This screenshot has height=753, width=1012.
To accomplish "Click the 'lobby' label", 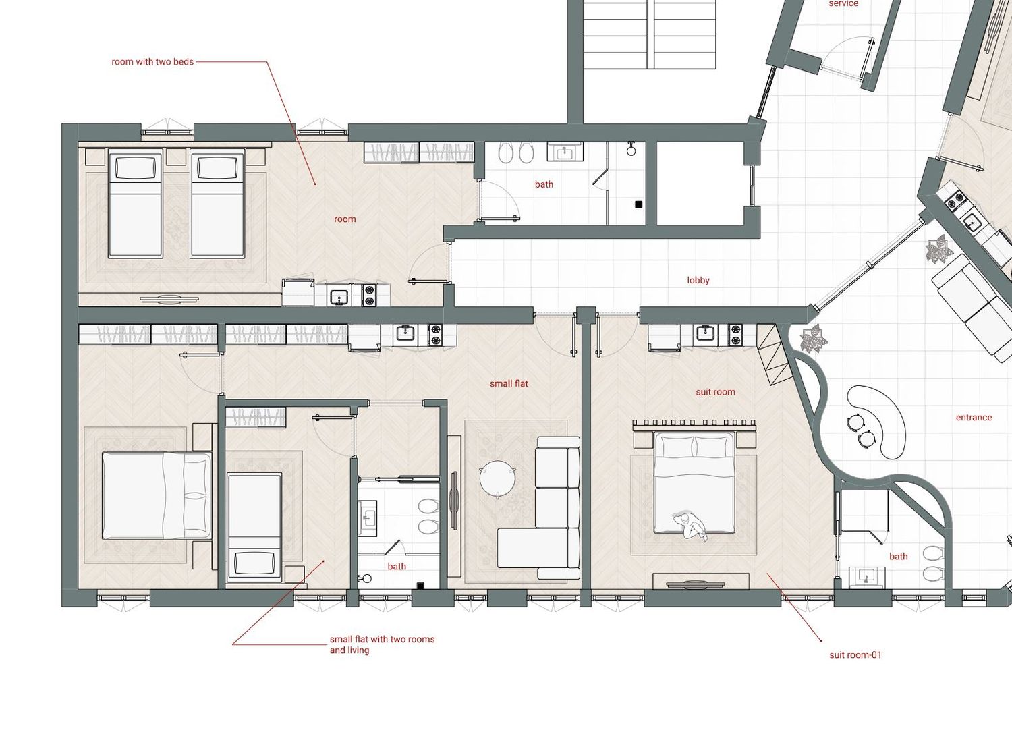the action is point(698,280).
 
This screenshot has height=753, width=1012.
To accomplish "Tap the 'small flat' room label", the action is point(509,384).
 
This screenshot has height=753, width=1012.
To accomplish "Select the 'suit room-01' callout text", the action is point(855,655).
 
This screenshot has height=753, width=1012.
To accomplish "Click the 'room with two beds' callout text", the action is point(152,61).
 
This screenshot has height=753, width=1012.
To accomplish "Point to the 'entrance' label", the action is point(974,417).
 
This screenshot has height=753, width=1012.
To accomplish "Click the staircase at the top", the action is point(650,34).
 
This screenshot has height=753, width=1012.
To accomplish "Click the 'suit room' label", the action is point(715,392).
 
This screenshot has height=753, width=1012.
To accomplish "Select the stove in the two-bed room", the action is point(369,295).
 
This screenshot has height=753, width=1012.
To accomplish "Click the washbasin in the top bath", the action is point(565,151).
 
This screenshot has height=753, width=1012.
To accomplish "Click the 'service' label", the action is point(843,3).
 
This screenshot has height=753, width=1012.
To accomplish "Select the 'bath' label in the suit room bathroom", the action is point(899,556).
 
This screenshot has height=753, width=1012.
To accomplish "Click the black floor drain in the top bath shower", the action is point(638,204).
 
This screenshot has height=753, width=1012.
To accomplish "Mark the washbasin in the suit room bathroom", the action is point(867,578).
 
